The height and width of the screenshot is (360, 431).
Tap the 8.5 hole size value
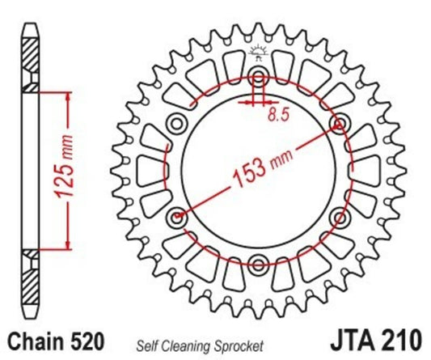(277, 114)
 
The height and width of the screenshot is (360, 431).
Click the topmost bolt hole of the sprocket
(259, 78)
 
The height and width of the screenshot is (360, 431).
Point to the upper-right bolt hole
(339, 124)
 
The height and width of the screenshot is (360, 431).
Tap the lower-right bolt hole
(339, 217)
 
